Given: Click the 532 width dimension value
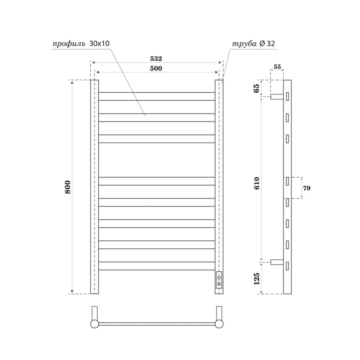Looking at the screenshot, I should click(156, 59).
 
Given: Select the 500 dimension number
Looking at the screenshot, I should click(156, 68).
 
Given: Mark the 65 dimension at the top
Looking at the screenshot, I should click(257, 88).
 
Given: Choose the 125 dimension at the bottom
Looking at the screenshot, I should click(257, 279).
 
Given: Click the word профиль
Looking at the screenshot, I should click(67, 44).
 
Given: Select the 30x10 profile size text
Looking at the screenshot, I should click(99, 44).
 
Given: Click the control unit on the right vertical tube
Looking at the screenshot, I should click(219, 279).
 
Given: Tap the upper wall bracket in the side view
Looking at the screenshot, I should click(276, 96).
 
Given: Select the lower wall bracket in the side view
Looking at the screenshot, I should click(276, 263).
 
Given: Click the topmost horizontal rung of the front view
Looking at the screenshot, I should click(157, 96).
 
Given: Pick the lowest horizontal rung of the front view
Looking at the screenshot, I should click(157, 266).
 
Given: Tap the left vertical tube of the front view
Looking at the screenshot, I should click(94, 187).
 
